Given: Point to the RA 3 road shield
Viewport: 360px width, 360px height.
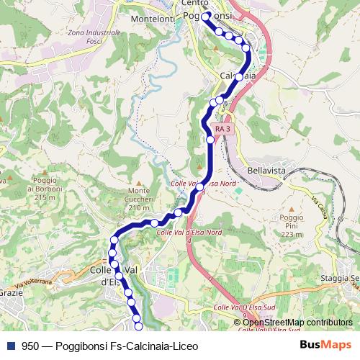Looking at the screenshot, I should (x=223, y=129).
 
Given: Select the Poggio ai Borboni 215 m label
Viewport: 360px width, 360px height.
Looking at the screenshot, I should (x=40, y=188).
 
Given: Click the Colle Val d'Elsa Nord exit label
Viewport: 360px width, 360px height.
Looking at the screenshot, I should (x=189, y=232).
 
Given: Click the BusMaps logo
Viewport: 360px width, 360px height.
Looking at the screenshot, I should (x=326, y=346).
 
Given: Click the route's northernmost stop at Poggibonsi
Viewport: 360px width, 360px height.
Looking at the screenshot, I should (x=205, y=15).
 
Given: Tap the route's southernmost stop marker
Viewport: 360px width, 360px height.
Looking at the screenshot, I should (x=139, y=328).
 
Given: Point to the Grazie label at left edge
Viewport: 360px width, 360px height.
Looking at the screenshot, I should (x=9, y=294).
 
